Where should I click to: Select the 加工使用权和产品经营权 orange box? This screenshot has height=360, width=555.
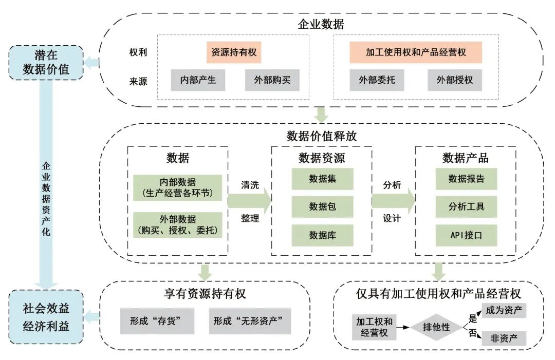pos(416,52)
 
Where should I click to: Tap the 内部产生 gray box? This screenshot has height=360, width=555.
pos(198,80)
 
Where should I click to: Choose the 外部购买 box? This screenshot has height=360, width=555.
pos(272,80)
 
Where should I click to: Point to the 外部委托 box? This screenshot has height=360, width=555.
pos(377,80)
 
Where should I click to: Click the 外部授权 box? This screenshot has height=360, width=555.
pos(455,80)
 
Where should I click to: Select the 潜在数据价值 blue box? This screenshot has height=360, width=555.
pos(46,63)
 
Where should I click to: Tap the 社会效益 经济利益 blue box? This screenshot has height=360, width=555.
pos(46,317)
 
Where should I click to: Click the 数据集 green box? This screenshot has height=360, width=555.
pos(322,179)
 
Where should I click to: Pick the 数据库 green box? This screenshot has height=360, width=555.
pos(322,235)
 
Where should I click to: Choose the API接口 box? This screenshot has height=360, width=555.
pos(467,235)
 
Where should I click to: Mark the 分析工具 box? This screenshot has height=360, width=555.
pos(467,207)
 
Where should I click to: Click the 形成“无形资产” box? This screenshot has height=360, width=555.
pos(250,321)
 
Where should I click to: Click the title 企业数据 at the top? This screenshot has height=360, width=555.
pos(321,25)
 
